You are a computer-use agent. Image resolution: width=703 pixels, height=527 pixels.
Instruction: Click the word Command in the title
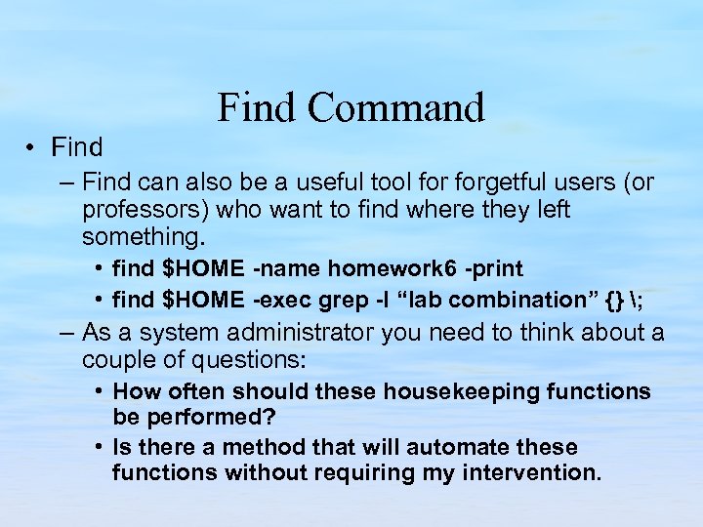pos(396,107)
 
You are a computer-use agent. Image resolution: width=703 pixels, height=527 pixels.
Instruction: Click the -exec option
pos(284,299)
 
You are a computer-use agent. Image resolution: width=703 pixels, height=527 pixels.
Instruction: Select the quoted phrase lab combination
pos(471,299)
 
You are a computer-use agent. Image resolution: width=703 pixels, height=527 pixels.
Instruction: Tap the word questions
pos(249,360)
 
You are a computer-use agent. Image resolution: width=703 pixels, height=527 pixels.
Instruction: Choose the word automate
pos(462,447)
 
